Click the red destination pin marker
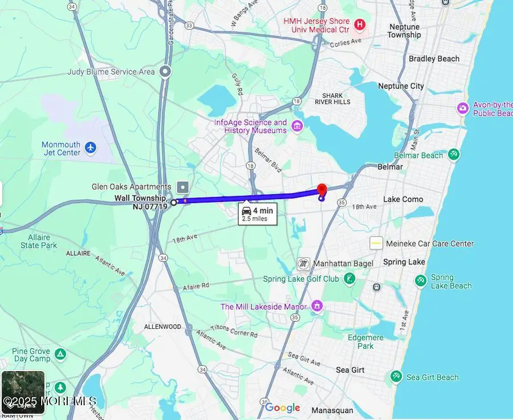[321, 190]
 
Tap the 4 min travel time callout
[258, 214]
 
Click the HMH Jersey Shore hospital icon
[360, 25]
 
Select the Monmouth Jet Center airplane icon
[91, 148]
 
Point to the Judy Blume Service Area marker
[165, 72]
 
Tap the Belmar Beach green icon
[454, 154]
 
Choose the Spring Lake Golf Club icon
[349, 279]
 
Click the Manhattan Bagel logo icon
[304, 263]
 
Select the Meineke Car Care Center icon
[376, 243]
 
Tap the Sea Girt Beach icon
[396, 377]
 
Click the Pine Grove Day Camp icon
[60, 355]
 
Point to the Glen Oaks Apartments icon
[182, 187]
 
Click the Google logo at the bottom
[282, 407]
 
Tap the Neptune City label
[401, 86]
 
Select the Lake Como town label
[403, 199]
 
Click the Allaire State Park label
[38, 241]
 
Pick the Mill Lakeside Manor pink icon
[317, 307]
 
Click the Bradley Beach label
[434, 59]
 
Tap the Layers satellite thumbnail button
[23, 392]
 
